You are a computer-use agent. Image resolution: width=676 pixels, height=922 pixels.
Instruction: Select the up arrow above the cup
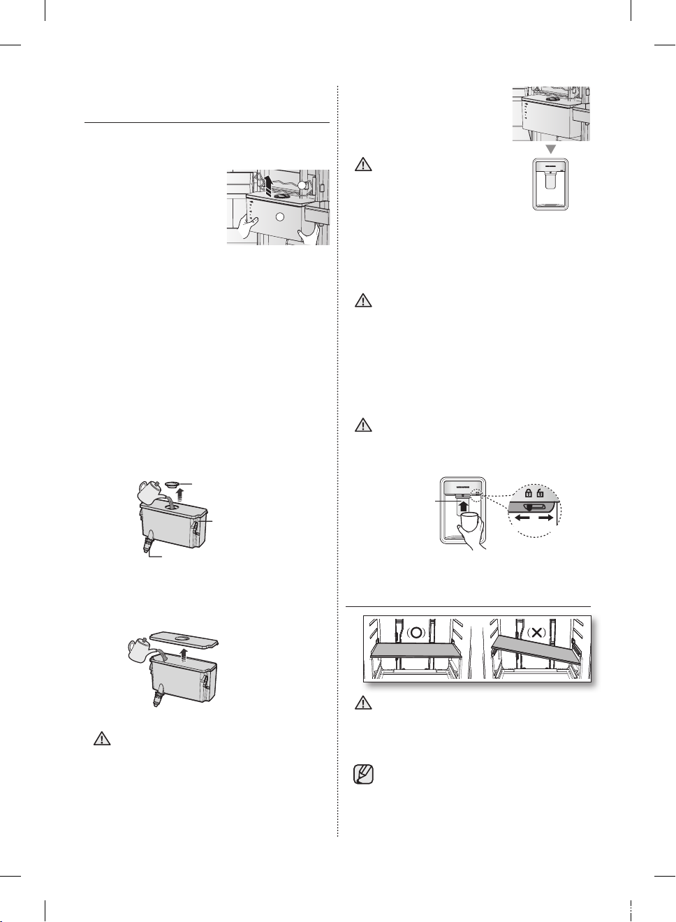(463, 503)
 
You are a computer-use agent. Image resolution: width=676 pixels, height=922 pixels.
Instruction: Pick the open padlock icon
(541, 493)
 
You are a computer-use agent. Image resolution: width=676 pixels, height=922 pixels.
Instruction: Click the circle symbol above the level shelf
(417, 633)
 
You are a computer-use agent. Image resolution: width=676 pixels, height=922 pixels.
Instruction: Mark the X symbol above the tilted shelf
(536, 633)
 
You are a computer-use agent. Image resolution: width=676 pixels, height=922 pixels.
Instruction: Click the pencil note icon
(364, 775)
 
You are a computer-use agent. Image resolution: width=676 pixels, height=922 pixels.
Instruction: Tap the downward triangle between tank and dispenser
(550, 149)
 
